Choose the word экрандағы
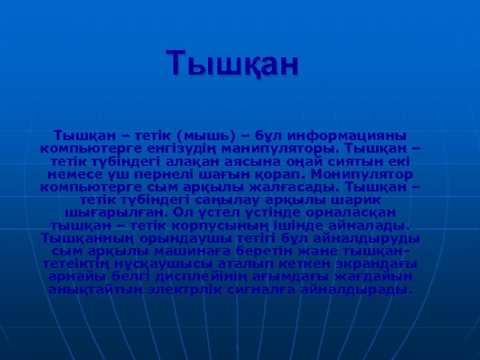click(x=371, y=265)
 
